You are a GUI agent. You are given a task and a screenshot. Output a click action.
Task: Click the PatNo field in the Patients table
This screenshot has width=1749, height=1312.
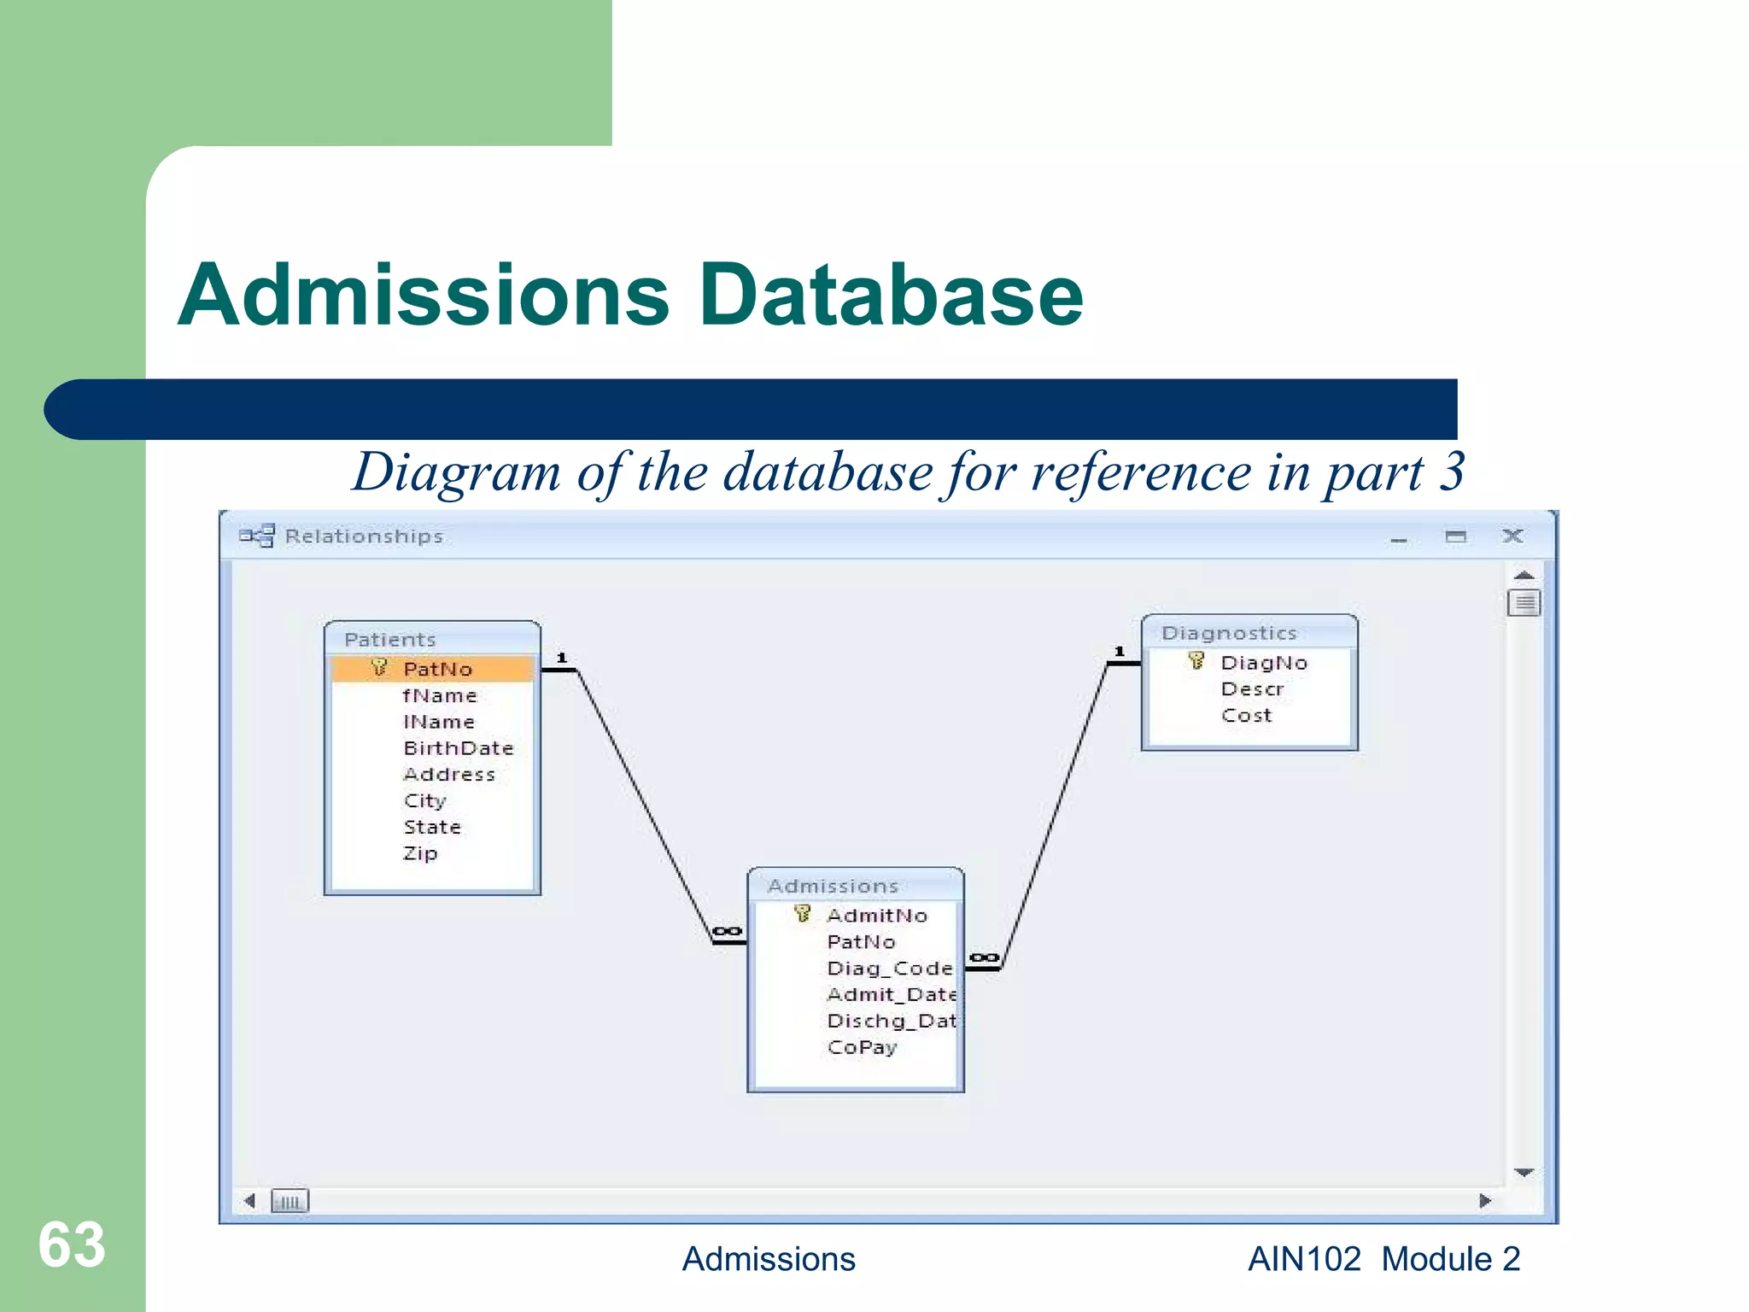[437, 669]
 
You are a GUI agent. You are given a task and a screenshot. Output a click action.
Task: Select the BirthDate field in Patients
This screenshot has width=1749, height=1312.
[459, 748]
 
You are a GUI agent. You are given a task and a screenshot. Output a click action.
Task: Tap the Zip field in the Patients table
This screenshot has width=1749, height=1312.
[420, 853]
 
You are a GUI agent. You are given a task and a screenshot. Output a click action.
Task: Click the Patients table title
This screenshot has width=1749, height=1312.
[390, 640]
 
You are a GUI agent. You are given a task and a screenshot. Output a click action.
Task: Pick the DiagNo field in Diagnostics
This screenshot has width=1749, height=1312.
[1264, 663]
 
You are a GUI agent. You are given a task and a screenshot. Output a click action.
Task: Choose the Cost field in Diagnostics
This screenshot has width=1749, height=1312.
[1247, 716]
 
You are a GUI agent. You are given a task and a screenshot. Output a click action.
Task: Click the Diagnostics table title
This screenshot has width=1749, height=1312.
[1229, 633]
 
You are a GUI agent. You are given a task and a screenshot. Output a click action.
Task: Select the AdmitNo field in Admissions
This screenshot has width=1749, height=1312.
[877, 916]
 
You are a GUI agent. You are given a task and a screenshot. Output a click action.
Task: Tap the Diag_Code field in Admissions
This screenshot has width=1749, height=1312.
[889, 969]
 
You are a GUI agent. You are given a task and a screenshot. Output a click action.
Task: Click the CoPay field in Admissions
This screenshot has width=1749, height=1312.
[863, 1047]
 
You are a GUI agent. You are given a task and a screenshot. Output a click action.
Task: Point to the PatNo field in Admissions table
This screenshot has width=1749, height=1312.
[861, 942]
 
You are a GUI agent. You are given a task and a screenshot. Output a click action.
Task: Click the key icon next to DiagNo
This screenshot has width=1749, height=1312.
[1196, 661]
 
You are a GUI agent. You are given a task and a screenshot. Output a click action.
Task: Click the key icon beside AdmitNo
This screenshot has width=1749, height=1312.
[802, 914]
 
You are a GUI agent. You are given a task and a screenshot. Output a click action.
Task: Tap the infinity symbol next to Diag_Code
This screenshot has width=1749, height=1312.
[984, 958]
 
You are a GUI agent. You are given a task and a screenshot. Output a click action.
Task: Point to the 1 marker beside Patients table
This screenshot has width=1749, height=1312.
[562, 658]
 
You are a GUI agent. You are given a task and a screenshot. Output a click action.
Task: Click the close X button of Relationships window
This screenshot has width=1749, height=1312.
[1512, 536]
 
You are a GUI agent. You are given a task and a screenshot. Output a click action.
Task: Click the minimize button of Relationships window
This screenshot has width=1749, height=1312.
[1399, 539]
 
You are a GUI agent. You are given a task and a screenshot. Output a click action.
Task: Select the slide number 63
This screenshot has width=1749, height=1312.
[72, 1245]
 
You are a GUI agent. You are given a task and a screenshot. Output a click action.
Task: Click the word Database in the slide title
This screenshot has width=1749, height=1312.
[891, 295]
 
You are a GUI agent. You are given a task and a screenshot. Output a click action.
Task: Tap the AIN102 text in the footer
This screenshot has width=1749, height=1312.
[1304, 1259]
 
